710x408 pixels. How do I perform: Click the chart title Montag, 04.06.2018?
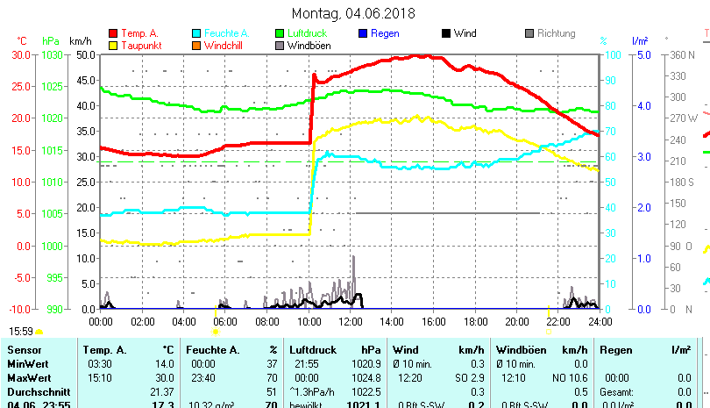pos(353,13)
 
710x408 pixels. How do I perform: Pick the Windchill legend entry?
pos(224,45)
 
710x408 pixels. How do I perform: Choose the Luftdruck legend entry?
pos(309,33)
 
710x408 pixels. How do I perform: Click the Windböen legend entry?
pos(309,45)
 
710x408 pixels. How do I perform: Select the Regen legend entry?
pos(385,33)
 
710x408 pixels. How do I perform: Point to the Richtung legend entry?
pos(556,33)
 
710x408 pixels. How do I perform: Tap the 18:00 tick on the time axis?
pos(475,321)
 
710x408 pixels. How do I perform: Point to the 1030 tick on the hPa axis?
pos(53,54)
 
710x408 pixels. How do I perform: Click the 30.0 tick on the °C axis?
pos(21,54)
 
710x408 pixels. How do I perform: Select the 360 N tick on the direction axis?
pos(683,54)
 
